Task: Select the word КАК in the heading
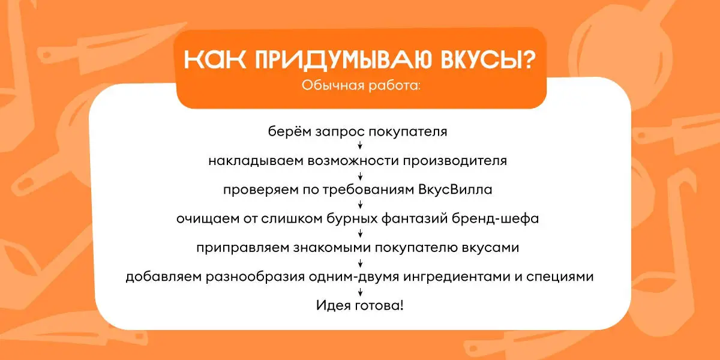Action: pyautogui.click(x=215, y=59)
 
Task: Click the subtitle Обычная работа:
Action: pyautogui.click(x=361, y=85)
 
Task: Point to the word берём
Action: pyautogui.click(x=290, y=131)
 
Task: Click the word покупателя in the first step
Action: pyautogui.click(x=407, y=132)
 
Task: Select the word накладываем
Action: pyautogui.click(x=256, y=161)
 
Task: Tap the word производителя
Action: pyautogui.click(x=455, y=161)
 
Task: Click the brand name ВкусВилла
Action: pyautogui.click(x=455, y=190)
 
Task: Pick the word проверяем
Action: pyautogui.click(x=261, y=190)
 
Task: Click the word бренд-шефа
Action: pyautogui.click(x=496, y=218)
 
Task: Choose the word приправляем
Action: pyautogui.click(x=242, y=248)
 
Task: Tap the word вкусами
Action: pyautogui.click(x=491, y=248)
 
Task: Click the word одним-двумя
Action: pyautogui.click(x=354, y=277)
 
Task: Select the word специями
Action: pyautogui.click(x=560, y=277)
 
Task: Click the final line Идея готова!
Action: pyautogui.click(x=359, y=305)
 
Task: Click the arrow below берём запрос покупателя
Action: pyautogui.click(x=360, y=146)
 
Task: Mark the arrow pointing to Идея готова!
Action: pyautogui.click(x=360, y=292)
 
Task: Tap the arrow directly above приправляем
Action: pyautogui.click(x=360, y=233)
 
